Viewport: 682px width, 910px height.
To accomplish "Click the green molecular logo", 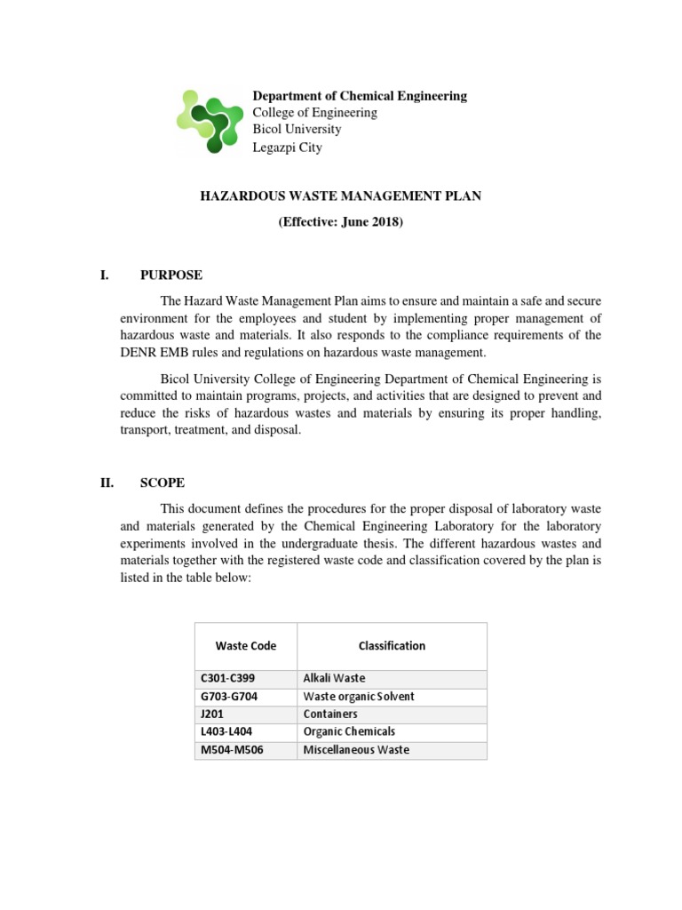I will [x=210, y=121].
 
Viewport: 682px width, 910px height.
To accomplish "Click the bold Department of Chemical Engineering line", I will [x=360, y=96].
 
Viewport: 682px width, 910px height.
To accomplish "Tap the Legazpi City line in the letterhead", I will [x=287, y=148].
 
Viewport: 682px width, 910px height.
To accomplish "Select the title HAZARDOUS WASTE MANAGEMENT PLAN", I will [x=340, y=196].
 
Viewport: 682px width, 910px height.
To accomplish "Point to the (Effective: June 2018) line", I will [x=340, y=222].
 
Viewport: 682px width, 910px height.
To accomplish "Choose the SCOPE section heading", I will [x=163, y=483].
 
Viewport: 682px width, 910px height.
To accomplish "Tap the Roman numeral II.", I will [x=105, y=483].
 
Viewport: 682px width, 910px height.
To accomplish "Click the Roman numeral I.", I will [x=103, y=275].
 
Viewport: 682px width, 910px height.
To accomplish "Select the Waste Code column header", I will [x=245, y=646].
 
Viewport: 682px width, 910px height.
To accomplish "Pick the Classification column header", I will [x=392, y=646].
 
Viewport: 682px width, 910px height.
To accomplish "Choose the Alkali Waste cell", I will [x=334, y=678].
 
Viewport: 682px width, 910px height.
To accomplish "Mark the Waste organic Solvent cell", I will [x=359, y=696].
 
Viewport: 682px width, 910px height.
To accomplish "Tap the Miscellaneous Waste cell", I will [x=356, y=750].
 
